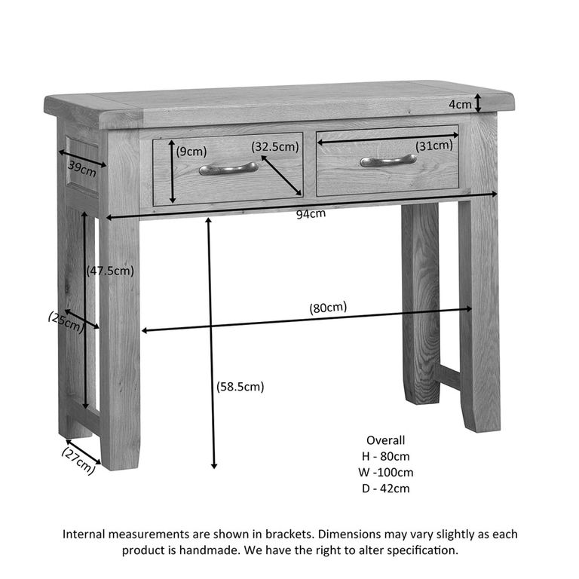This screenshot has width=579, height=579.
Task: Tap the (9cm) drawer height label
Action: (x=191, y=152)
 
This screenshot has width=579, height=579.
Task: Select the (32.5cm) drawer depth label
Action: (x=275, y=147)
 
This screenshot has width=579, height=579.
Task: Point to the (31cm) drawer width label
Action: (x=434, y=146)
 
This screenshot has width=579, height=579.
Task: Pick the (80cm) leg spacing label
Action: (x=328, y=307)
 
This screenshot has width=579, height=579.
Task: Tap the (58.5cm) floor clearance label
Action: (x=240, y=387)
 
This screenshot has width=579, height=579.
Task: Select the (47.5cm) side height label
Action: (x=110, y=271)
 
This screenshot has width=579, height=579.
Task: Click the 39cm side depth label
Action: (x=82, y=167)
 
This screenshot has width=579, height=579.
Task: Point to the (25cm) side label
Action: (x=66, y=322)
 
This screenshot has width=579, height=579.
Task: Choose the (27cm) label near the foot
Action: (x=78, y=460)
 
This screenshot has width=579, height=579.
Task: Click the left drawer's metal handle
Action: (x=228, y=168)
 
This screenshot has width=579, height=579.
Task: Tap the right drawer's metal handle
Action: (x=388, y=161)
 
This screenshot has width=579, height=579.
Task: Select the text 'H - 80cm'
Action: (x=385, y=457)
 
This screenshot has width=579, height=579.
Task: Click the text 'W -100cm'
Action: (x=385, y=473)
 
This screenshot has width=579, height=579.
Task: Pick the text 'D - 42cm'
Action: (x=385, y=489)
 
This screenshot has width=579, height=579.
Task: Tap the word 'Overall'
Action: (x=385, y=440)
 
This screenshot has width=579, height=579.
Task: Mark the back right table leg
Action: (x=420, y=302)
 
